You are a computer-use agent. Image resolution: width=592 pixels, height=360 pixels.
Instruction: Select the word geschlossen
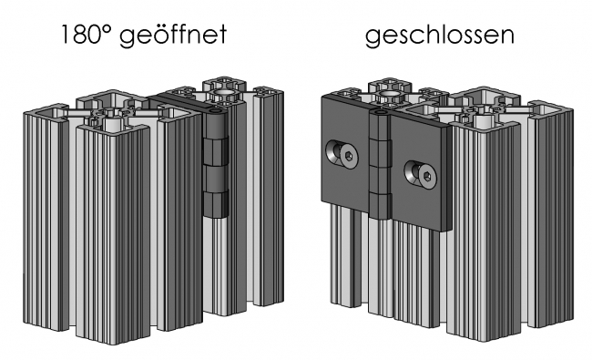[440, 37]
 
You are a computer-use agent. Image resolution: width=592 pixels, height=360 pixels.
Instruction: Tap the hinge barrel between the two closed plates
[378, 164]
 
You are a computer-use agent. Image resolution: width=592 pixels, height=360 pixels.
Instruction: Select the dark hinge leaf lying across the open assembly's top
[182, 97]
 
